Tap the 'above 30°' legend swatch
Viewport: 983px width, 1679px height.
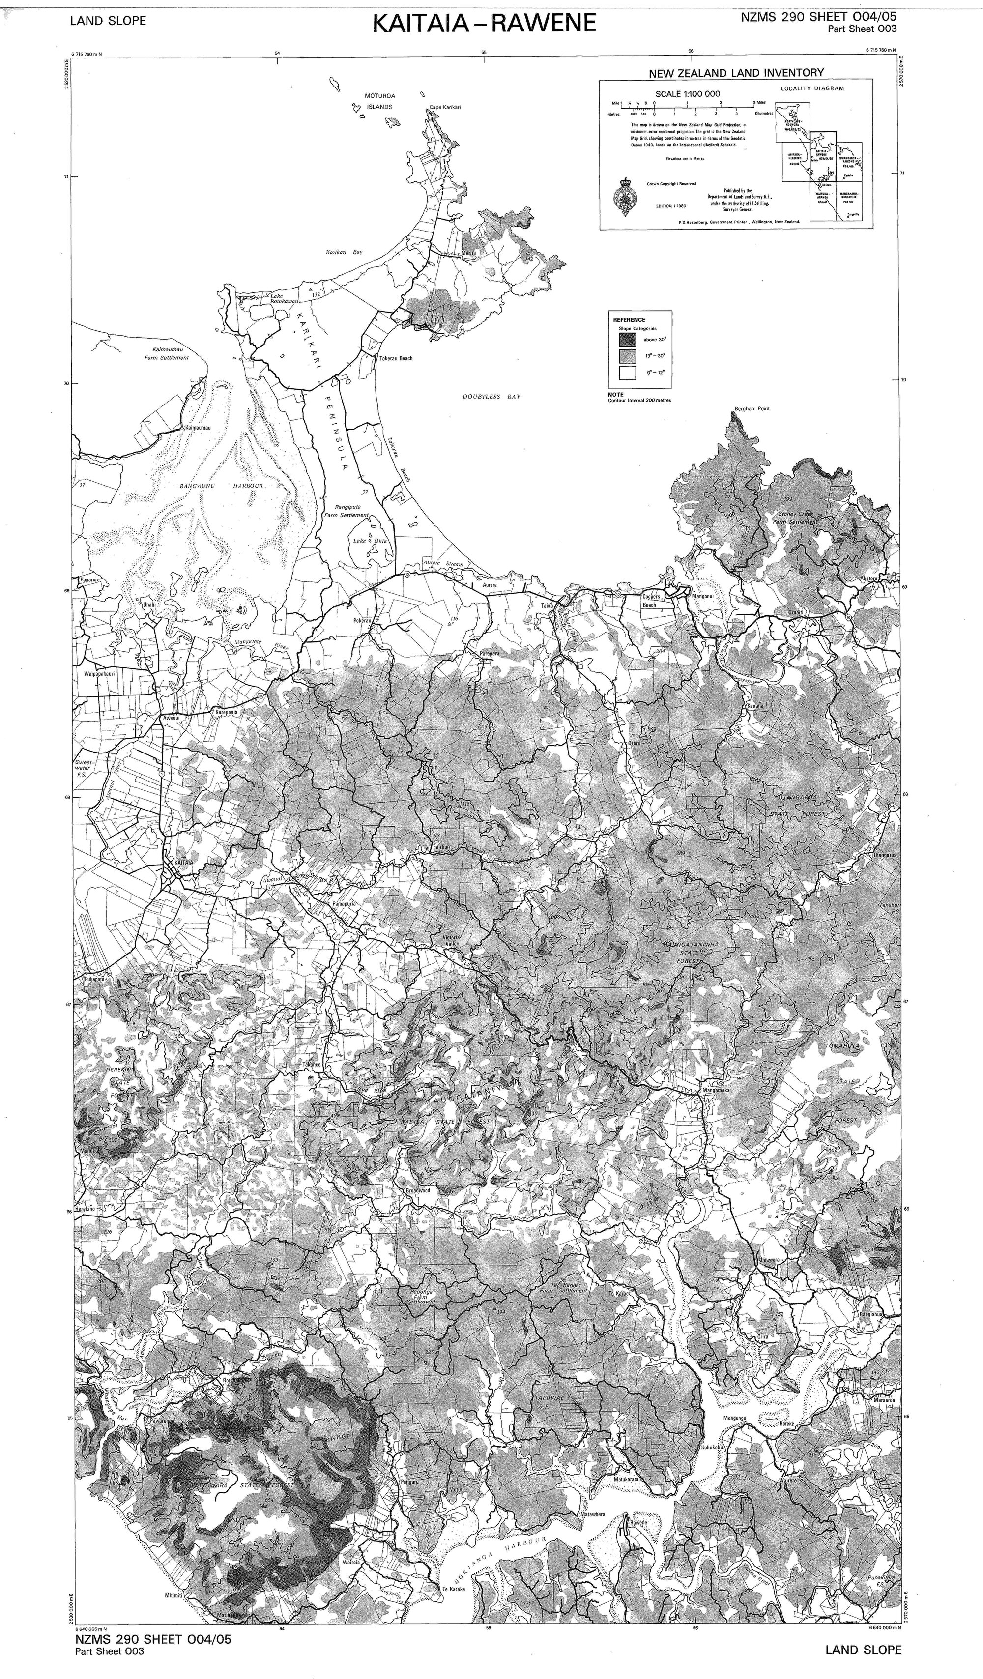627,339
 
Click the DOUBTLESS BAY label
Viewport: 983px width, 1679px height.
492,397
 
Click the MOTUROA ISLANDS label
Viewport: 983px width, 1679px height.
378,101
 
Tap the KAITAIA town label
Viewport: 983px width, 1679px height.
183,862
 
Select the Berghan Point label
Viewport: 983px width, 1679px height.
752,409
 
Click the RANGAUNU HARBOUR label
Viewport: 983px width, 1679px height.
223,486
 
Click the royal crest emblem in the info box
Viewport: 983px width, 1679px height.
625,196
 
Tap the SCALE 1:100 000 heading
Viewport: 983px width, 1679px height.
687,94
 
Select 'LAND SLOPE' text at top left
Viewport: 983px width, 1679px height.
108,21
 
